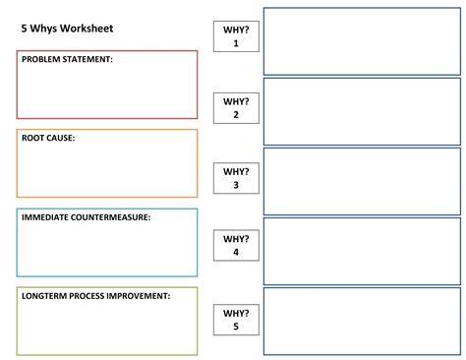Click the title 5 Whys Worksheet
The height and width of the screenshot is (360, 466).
tap(67, 29)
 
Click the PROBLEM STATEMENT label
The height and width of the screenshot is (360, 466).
tap(67, 59)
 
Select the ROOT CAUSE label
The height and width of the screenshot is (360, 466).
tap(48, 138)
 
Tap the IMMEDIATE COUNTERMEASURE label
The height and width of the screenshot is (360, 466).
tap(86, 217)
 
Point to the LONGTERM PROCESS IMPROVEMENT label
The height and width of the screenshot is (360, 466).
tap(95, 296)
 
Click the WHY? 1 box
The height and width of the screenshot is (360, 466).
tap(236, 36)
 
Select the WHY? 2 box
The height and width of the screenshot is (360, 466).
tap(236, 108)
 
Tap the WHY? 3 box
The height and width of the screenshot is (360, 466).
tap(236, 178)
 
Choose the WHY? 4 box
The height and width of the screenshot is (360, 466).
tap(236, 245)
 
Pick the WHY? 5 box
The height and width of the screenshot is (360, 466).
tap(236, 320)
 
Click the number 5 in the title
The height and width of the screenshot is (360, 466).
tap(24, 29)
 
